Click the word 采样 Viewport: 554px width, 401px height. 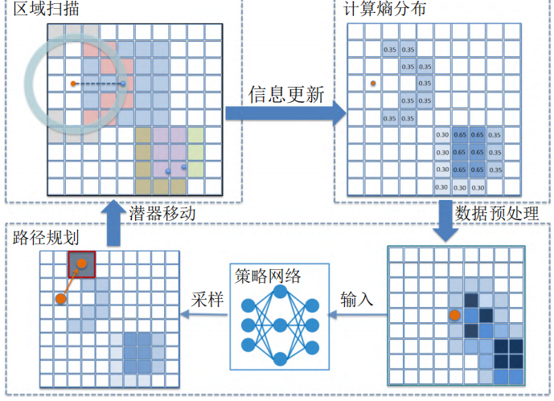point(206,300)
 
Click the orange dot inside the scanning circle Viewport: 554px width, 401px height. point(73,84)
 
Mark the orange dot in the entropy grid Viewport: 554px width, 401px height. point(372,83)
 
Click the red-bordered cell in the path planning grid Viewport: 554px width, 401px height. point(81,264)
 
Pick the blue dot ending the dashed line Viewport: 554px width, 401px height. point(123,84)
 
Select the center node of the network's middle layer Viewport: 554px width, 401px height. point(280,325)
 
